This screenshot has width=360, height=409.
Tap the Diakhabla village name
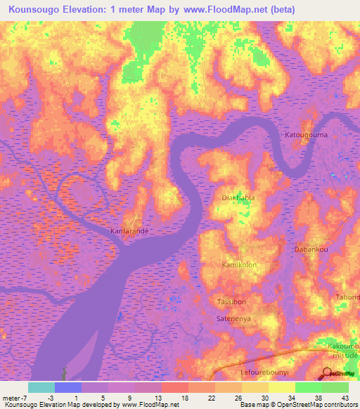(238, 198)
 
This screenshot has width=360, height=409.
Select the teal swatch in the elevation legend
(41, 387)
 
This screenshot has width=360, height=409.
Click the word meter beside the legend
(11, 398)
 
